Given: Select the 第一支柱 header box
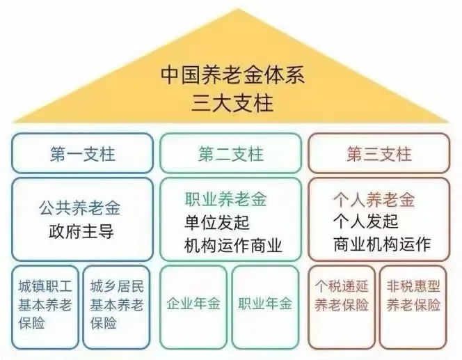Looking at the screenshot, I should pos(82,154).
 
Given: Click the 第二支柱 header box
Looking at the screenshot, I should pos(231,154).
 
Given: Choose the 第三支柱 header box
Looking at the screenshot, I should pos(379,154).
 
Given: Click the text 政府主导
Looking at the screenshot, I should pos(81,230).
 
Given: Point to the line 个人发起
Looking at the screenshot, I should pos(365,223).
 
